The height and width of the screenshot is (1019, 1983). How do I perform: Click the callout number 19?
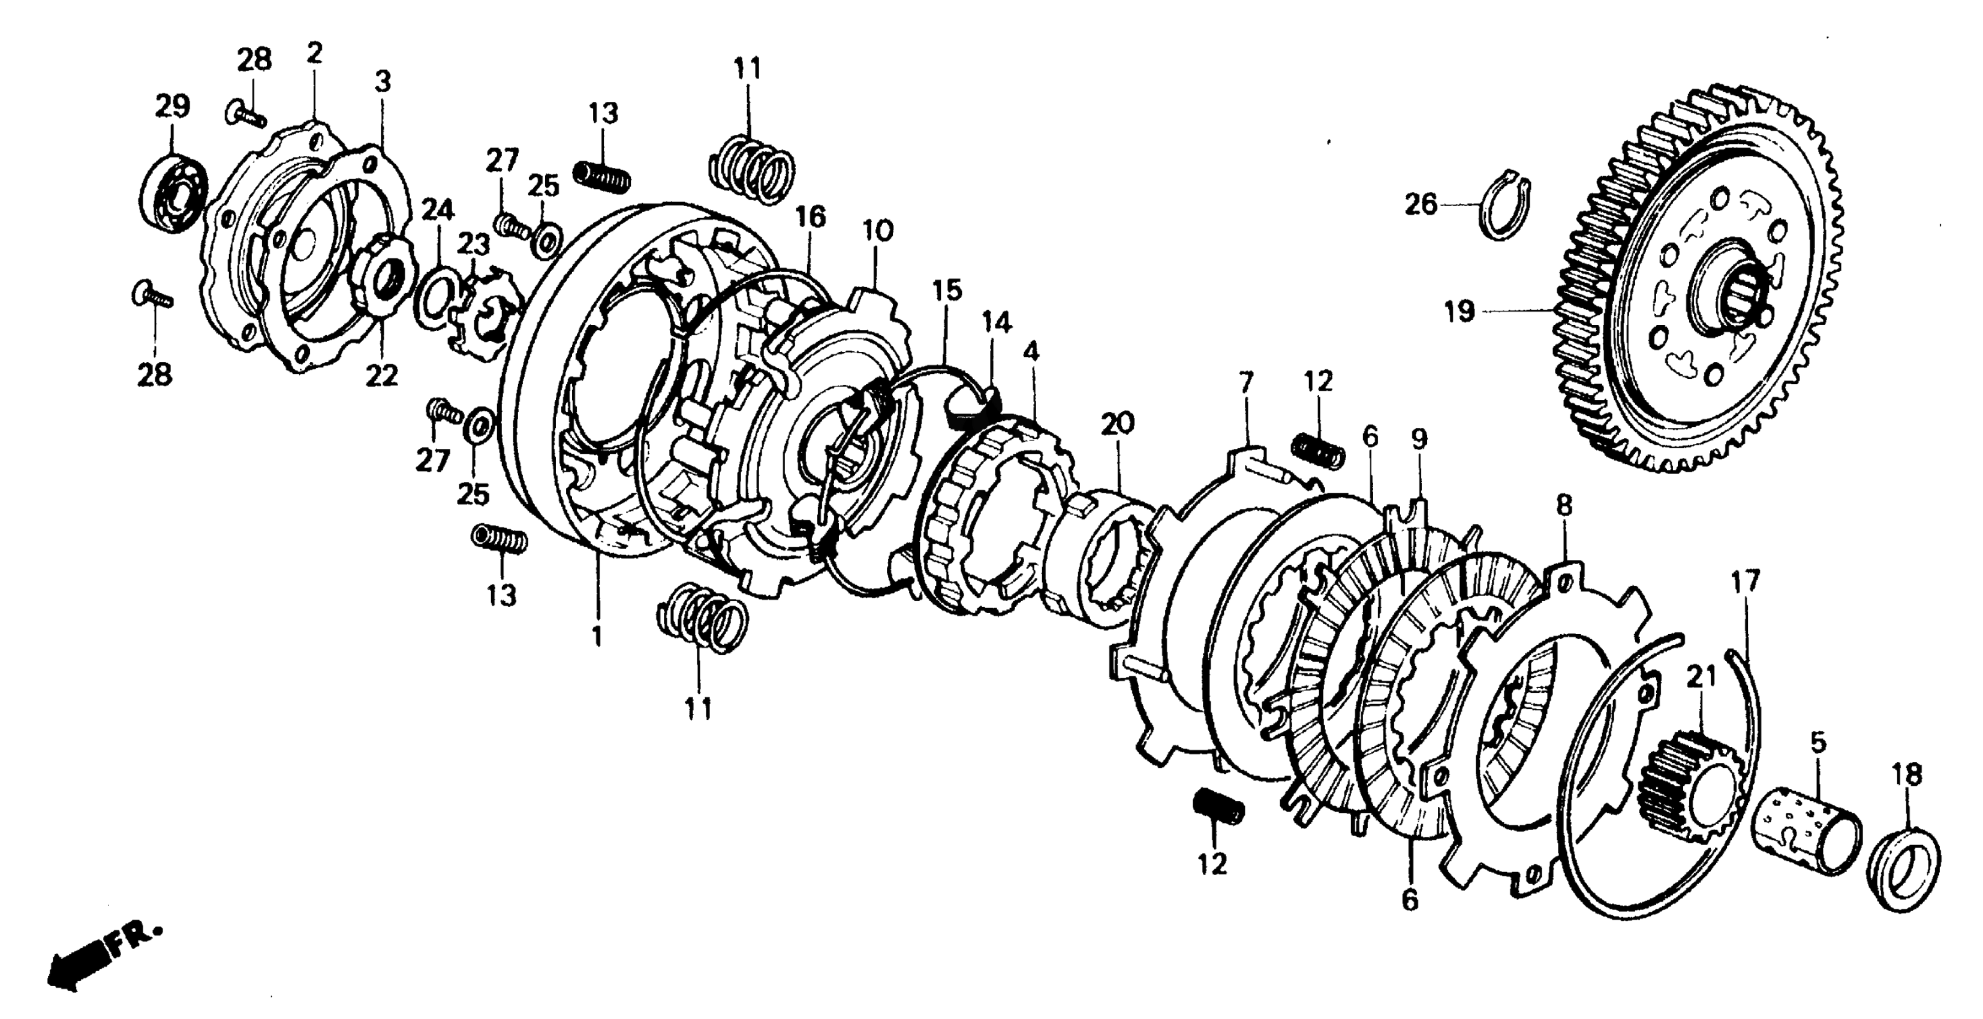click(x=1460, y=312)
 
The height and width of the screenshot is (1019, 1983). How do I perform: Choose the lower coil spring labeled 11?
click(x=702, y=622)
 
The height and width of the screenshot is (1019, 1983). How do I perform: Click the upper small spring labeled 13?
click(x=602, y=176)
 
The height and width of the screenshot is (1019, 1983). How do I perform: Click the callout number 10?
click(x=878, y=231)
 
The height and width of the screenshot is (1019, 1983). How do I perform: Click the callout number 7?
click(x=1246, y=382)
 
